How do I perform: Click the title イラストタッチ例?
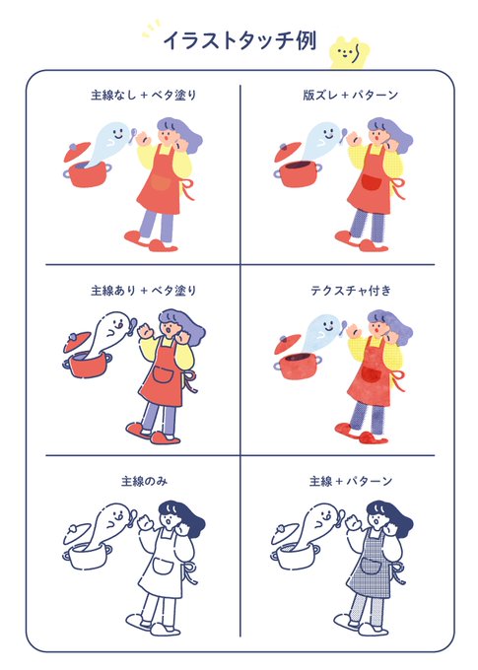pyautogui.click(x=239, y=40)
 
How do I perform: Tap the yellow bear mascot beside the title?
pyautogui.click(x=350, y=53)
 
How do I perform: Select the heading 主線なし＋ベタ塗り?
pyautogui.click(x=143, y=95)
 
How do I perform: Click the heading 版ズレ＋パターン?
pyautogui.click(x=351, y=95)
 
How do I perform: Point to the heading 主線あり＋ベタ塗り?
pyautogui.click(x=143, y=291)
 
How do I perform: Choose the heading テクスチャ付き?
pyautogui.click(x=351, y=291)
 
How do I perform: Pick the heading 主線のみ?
pyautogui.click(x=144, y=482)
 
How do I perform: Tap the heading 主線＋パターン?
pyautogui.click(x=351, y=482)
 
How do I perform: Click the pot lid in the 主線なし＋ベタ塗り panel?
pyautogui.click(x=77, y=152)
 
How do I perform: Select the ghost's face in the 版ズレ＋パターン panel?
pyautogui.click(x=330, y=133)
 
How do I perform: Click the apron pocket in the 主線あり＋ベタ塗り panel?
pyautogui.click(x=163, y=375)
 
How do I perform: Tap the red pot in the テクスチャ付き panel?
pyautogui.click(x=298, y=367)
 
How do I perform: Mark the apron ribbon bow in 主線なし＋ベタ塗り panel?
pyautogui.click(x=187, y=189)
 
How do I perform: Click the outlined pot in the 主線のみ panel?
pyautogui.click(x=88, y=557)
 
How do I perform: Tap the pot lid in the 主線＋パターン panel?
pyautogui.click(x=285, y=533)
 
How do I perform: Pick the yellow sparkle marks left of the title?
pyautogui.click(x=151, y=29)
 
